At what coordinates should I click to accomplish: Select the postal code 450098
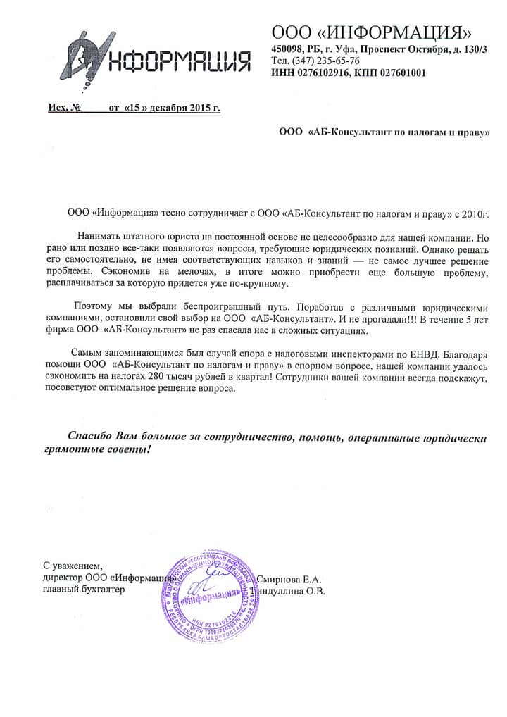point(288,49)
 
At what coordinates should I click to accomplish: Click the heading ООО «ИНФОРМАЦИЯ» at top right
point(371,32)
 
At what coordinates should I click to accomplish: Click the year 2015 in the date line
point(199,108)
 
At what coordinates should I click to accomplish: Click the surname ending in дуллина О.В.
point(294,592)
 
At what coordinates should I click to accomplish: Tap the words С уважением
point(73,565)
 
